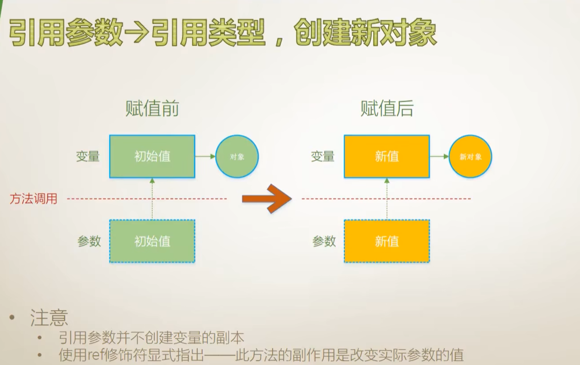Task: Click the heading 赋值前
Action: (x=152, y=109)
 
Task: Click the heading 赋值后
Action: (x=387, y=109)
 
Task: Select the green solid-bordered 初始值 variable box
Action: (x=152, y=157)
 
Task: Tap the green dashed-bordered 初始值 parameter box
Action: (x=152, y=241)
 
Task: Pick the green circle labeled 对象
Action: (x=237, y=157)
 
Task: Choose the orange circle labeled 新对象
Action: (x=470, y=157)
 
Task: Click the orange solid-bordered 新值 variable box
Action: (x=387, y=157)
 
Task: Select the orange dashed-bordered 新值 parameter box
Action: (x=387, y=241)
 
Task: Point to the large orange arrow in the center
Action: (x=266, y=198)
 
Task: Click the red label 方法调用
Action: (x=33, y=199)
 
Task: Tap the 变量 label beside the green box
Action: (x=88, y=157)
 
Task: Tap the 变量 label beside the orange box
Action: (x=323, y=157)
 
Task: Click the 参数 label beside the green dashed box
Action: (x=89, y=241)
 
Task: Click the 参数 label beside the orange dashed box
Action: (x=324, y=241)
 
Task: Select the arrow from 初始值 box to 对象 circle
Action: (x=205, y=157)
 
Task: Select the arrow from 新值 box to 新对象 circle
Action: (x=439, y=157)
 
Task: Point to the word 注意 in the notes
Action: (x=49, y=318)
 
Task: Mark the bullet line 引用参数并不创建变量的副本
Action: (x=152, y=338)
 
